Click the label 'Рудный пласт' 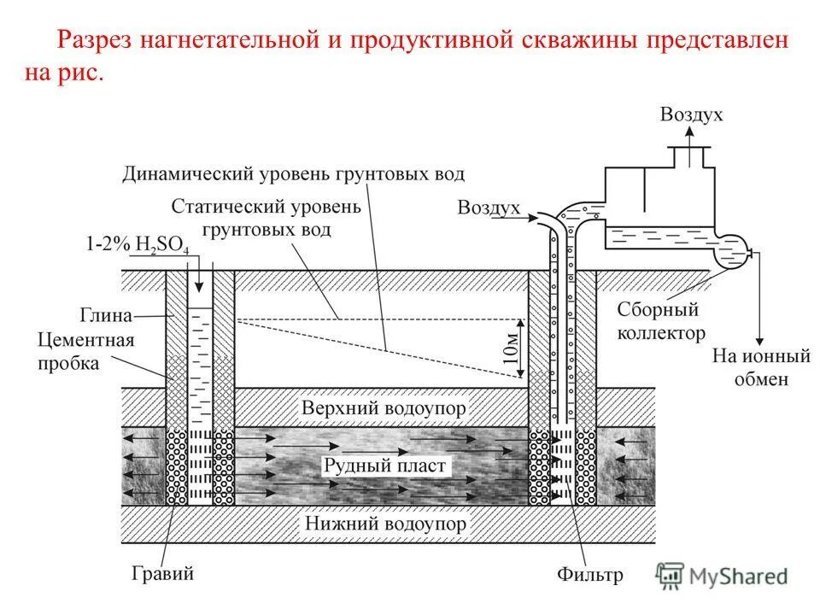384,466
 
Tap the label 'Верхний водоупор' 384,408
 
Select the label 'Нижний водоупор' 384,523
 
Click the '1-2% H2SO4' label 138,244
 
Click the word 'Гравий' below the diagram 163,573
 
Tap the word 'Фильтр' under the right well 590,575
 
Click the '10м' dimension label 510,347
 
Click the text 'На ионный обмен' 749,366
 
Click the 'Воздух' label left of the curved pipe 489,208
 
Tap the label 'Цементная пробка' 85,352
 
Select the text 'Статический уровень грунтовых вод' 266,218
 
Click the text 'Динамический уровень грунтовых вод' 293,174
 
